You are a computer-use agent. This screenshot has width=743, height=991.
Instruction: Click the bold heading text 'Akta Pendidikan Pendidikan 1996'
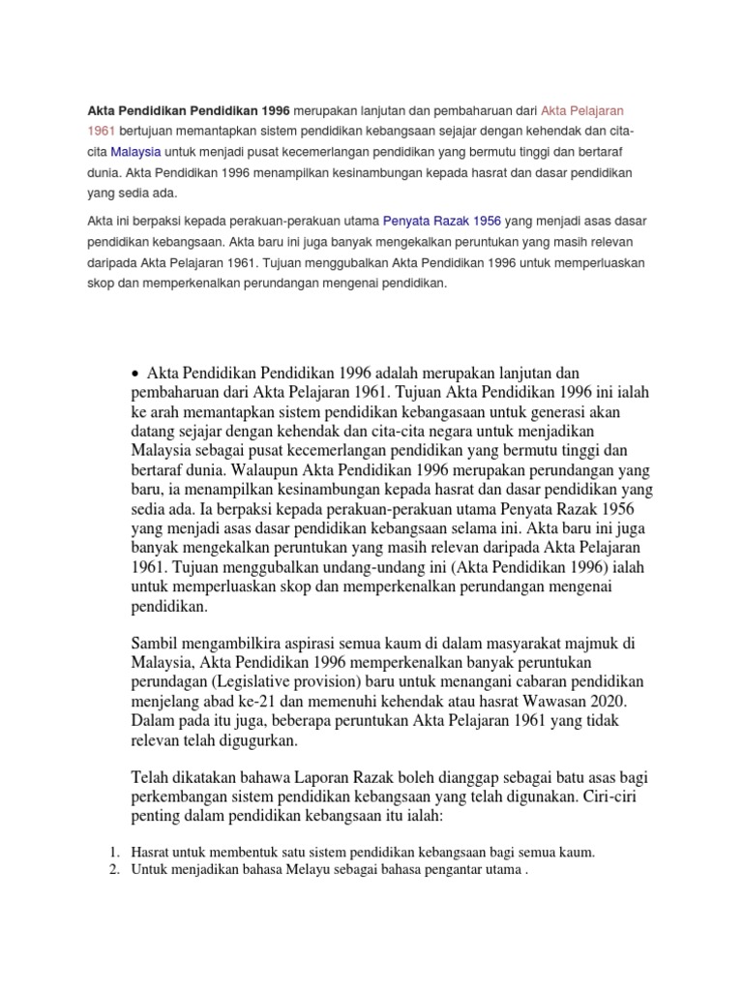(x=189, y=109)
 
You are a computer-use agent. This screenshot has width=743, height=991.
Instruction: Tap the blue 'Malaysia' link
(x=135, y=152)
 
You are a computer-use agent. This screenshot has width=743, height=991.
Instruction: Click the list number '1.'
(x=112, y=852)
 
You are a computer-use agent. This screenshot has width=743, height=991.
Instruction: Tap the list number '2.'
(x=112, y=869)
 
